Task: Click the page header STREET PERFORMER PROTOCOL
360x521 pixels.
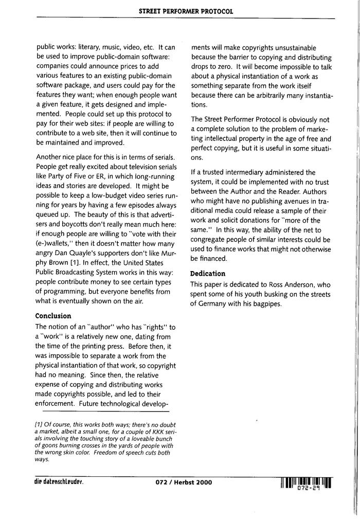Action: point(186,11)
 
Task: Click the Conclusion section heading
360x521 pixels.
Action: point(53,315)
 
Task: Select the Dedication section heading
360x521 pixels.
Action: point(208,273)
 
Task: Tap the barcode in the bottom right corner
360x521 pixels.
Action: point(306,482)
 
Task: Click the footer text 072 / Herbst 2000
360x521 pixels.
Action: point(183,482)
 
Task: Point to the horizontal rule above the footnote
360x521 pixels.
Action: point(105,411)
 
